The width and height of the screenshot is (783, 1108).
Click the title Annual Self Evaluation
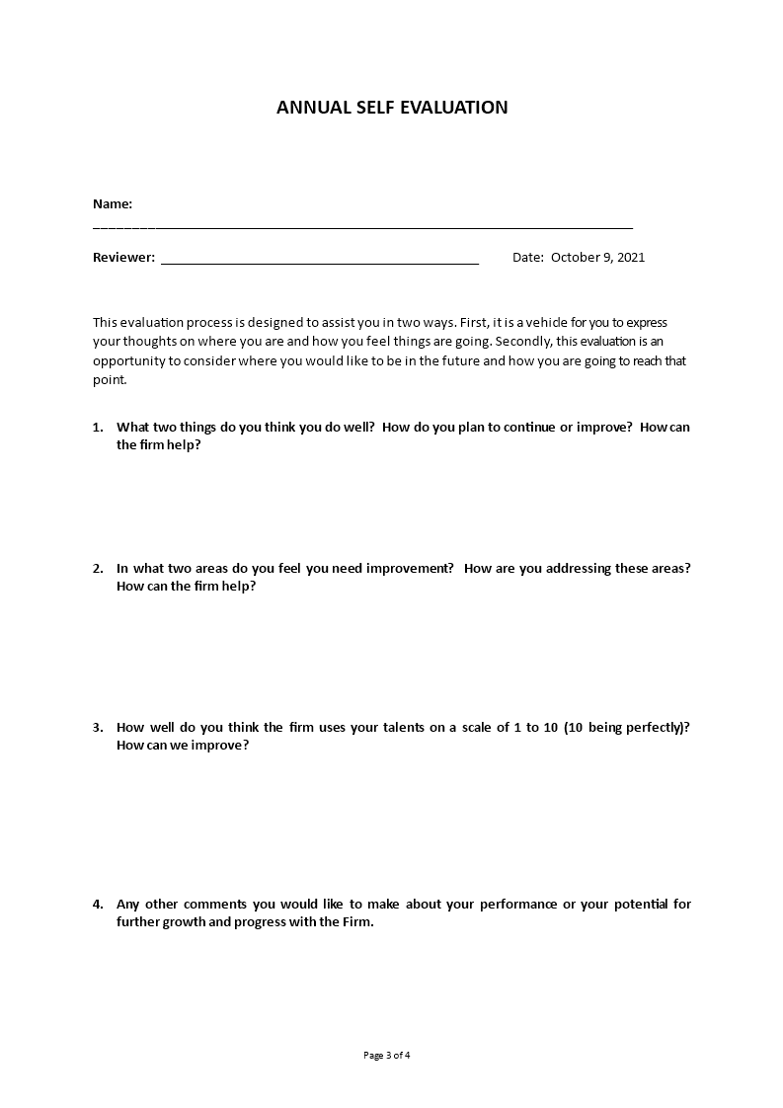[x=392, y=108]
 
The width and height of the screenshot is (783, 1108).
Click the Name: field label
[x=113, y=204]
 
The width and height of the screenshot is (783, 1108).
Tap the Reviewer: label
[x=123, y=258]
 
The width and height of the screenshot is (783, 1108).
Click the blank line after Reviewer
[x=319, y=262]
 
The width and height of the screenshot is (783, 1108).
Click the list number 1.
[x=97, y=428]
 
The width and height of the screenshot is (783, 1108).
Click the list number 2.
[x=97, y=569]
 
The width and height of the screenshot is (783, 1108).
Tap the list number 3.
[x=97, y=728]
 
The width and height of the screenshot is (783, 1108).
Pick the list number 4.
[x=97, y=905]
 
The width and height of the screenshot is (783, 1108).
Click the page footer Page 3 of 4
[x=387, y=1055]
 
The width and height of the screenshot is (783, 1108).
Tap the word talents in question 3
[x=402, y=728]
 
